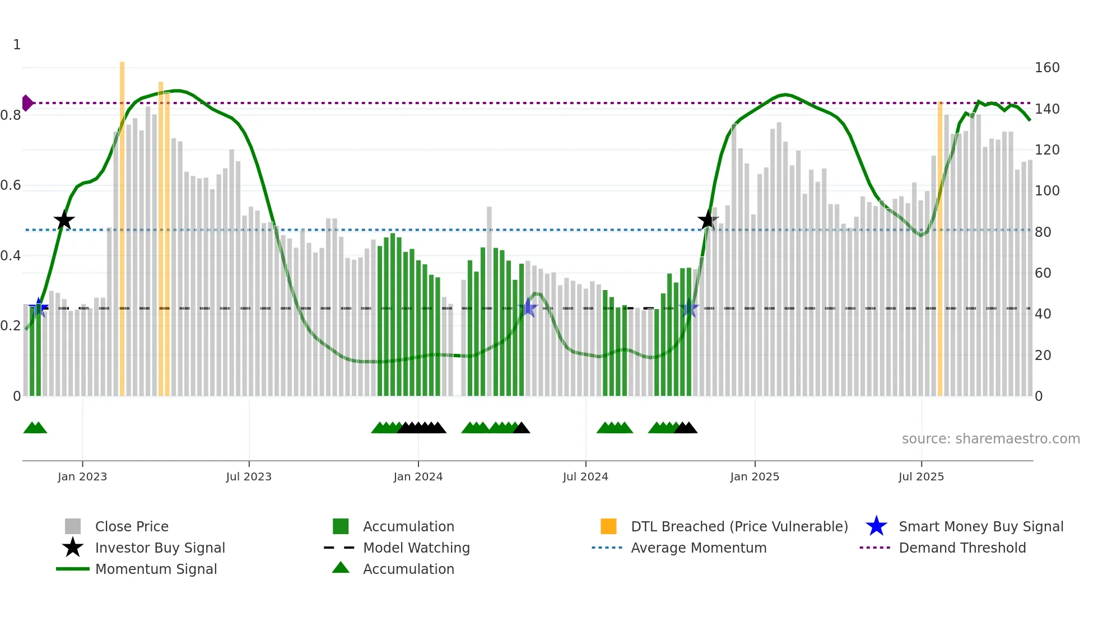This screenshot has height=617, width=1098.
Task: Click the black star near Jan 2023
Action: click(64, 221)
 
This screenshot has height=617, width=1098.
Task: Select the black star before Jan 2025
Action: click(708, 220)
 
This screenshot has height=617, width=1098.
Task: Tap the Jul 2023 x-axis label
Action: click(249, 476)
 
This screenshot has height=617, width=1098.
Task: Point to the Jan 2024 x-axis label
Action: click(418, 476)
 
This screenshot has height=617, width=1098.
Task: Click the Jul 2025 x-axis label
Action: click(921, 476)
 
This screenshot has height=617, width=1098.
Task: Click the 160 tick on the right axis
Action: click(1046, 68)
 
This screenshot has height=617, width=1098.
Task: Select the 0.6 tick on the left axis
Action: click(11, 185)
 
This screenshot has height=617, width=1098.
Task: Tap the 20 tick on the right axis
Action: click(1043, 355)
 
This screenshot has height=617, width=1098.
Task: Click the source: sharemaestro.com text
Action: click(990, 439)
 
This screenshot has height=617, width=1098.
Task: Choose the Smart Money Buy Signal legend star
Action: click(876, 526)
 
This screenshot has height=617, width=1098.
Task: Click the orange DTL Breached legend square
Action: click(608, 526)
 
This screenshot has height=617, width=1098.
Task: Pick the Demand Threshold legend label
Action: click(962, 548)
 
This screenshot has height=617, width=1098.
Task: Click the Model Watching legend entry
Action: click(416, 548)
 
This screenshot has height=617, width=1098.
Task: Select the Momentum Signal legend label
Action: click(156, 569)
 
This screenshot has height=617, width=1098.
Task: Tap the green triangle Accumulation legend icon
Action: click(341, 568)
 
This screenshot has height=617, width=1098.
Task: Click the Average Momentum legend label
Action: click(698, 548)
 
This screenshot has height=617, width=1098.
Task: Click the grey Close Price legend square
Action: click(73, 526)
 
